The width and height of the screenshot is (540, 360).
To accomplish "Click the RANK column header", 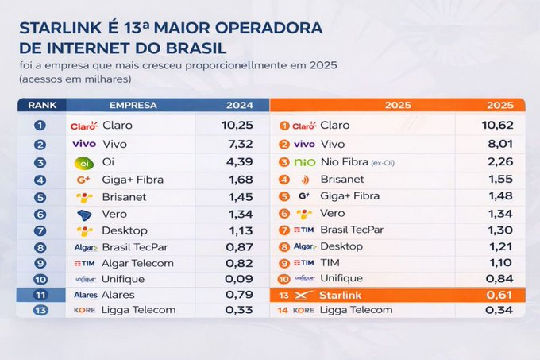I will tap(41, 105).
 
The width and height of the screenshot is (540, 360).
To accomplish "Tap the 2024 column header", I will tap(239, 105).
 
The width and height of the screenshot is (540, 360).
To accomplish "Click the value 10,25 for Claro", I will tap(237, 125).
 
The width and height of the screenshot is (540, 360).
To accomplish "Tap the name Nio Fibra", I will tap(341, 162).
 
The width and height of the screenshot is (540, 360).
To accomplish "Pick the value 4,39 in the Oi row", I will tap(237, 162).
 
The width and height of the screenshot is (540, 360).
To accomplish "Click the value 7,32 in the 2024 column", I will tap(237, 144).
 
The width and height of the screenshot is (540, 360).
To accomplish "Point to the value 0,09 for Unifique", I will tap(237, 278).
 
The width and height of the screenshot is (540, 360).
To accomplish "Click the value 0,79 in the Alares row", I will tap(237, 295).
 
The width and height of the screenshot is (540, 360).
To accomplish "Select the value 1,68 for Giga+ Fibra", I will tap(237, 180).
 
